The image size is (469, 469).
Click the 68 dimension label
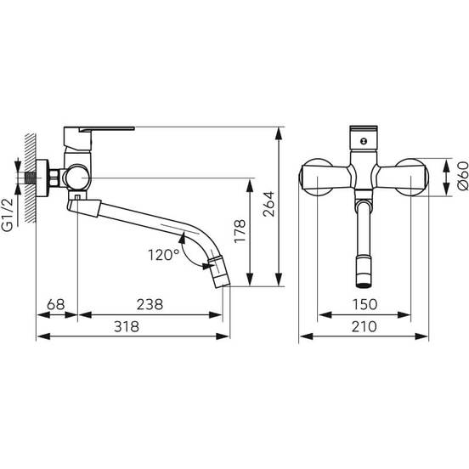[56, 304]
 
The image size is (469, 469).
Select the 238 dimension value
[150, 304]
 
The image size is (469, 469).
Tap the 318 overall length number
[127, 326]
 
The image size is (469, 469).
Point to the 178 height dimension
[240, 231]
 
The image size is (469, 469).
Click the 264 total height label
[268, 204]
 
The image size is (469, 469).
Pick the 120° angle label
[164, 255]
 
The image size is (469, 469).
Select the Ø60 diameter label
[463, 176]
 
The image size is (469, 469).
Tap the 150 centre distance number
[364, 304]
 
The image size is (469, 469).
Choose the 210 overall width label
[364, 326]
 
